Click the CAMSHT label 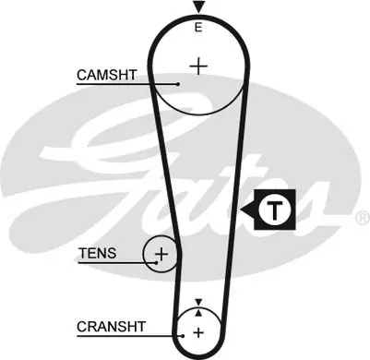pos(107,75)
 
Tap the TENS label pos(98,253)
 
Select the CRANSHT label pos(111,327)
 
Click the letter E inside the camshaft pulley pos(198,28)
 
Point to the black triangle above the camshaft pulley pos(198,6)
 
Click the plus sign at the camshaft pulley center pos(198,66)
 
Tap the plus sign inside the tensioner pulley pos(161,254)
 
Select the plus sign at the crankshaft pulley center pos(198,332)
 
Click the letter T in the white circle pos(275,210)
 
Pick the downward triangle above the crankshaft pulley pos(198,302)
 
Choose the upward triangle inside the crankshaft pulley pos(198,313)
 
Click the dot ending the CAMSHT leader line pos(178,84)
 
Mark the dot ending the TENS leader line pos(156,263)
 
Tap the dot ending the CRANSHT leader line pos(183,336)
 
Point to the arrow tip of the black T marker pos(241,210)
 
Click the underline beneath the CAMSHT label pos(127,84)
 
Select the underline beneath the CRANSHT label pos(130,336)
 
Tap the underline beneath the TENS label pos(117,263)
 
